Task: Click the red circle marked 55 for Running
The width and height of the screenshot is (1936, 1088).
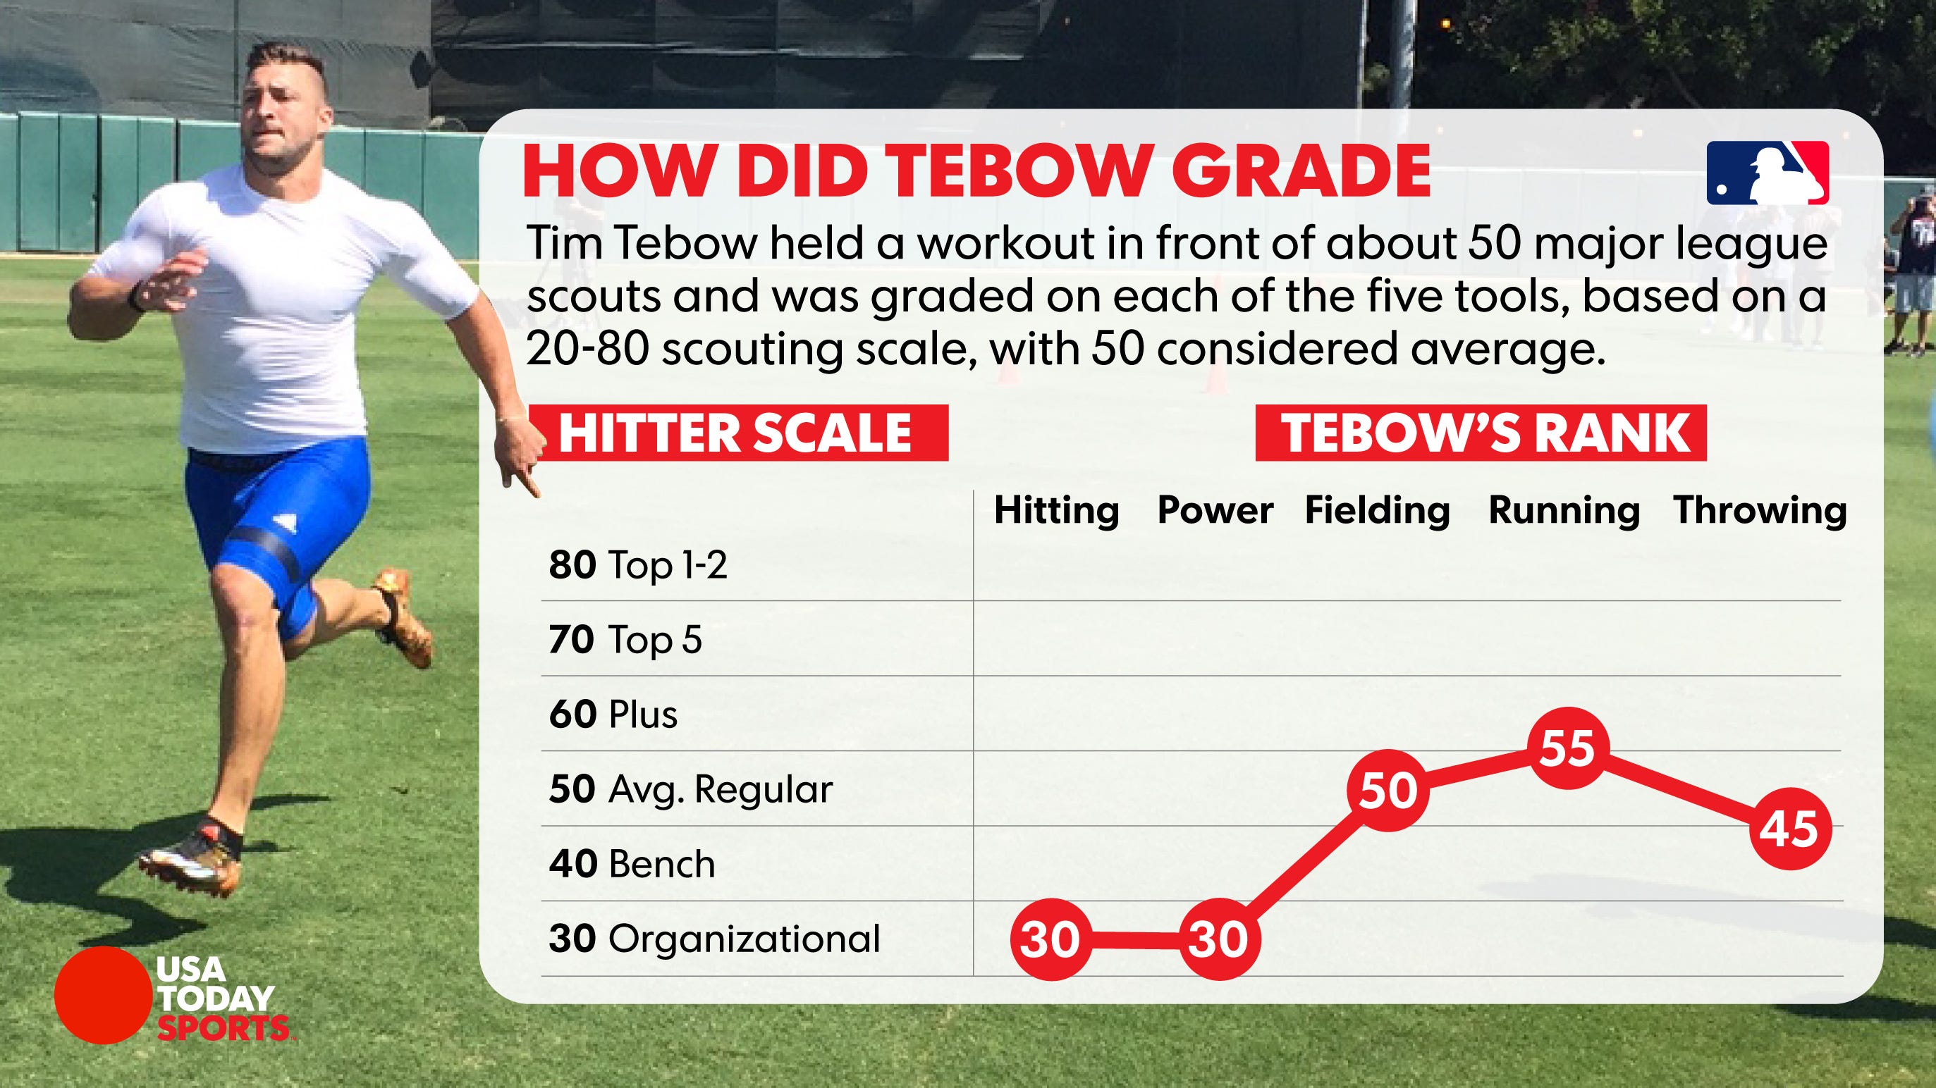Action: (x=1567, y=748)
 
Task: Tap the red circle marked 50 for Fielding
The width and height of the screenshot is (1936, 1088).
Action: (x=1387, y=790)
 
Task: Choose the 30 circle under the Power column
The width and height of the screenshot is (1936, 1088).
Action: (x=1218, y=939)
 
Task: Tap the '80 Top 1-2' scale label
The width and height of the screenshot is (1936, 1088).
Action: (x=638, y=565)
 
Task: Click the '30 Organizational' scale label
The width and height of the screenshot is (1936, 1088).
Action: (x=714, y=939)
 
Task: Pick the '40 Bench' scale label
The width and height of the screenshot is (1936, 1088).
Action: (x=631, y=864)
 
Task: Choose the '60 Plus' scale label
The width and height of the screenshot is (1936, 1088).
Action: (x=613, y=715)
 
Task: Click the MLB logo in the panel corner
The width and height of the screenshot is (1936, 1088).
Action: (x=1767, y=173)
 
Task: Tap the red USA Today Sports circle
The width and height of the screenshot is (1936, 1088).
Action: (x=103, y=995)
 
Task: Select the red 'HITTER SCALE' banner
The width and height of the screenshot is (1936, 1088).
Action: (x=740, y=433)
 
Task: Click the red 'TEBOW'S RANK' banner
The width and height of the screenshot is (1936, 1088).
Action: (x=1481, y=433)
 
